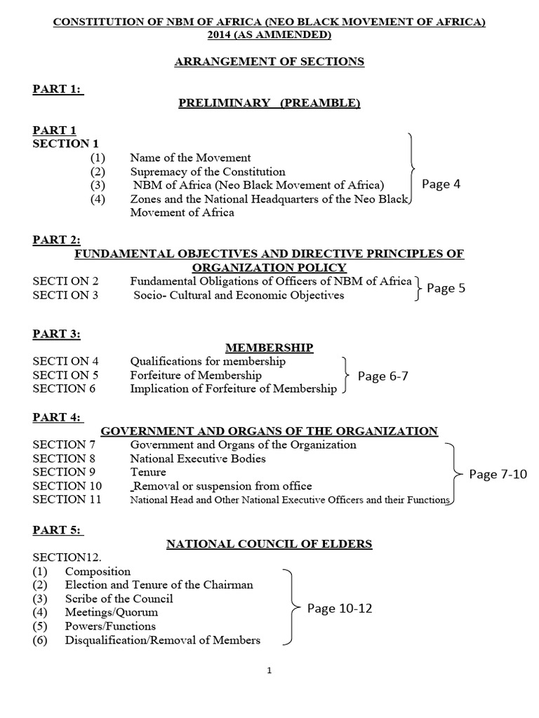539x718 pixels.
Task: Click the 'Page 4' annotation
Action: tap(441, 184)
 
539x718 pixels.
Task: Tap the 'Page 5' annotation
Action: tap(446, 288)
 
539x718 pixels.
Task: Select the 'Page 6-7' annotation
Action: tap(382, 376)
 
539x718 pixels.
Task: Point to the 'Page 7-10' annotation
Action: tap(497, 475)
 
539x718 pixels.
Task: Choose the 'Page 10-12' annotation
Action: tap(340, 609)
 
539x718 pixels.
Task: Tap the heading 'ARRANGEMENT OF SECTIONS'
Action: tap(269, 62)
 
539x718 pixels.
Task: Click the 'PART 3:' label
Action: tap(56, 334)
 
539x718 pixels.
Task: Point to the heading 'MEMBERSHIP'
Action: tap(269, 348)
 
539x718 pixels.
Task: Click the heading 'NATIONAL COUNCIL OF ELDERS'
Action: tap(269, 543)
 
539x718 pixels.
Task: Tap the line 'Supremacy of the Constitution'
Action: tap(208, 172)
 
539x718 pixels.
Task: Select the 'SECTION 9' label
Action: tap(64, 472)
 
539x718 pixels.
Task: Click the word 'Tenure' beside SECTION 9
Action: tap(148, 472)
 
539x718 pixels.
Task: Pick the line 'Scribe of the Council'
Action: tap(119, 599)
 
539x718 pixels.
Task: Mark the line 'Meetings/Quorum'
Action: tap(112, 612)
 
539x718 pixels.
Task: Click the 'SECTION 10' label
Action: tap(67, 485)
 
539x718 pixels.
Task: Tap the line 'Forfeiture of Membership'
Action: tap(196, 375)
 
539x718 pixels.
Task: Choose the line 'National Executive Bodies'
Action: tap(198, 459)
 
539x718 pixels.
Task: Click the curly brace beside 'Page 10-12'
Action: tap(289, 606)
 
